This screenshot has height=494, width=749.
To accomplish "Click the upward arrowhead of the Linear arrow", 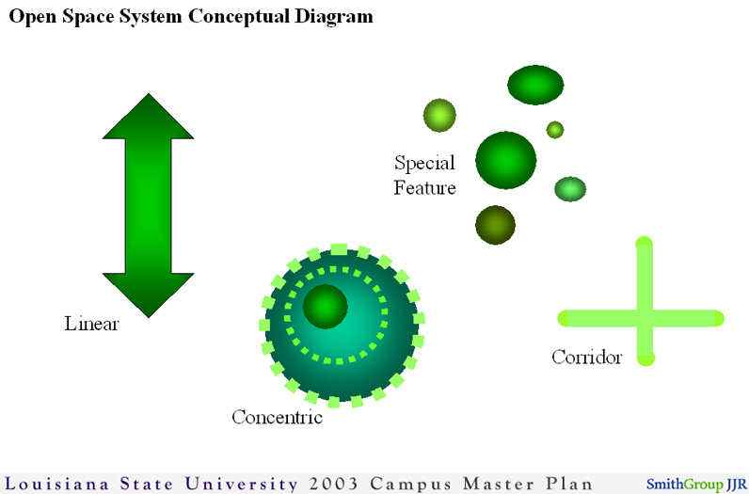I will coord(147,117).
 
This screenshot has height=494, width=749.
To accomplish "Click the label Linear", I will coord(91,325).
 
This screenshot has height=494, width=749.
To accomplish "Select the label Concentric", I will coord(277,417).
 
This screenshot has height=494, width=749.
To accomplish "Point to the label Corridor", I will coord(586,358).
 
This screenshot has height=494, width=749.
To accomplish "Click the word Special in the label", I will coord(424,163).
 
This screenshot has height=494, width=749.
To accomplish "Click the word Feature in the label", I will coord(424,188).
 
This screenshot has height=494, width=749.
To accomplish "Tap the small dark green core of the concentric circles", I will coord(326,306).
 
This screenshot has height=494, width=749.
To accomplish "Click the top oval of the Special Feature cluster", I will coord(535,85).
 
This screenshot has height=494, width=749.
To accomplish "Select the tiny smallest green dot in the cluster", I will coord(555,129).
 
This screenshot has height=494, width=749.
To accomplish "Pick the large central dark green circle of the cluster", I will coord(505,160).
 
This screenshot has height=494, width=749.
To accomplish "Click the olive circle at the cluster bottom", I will coord(495,225).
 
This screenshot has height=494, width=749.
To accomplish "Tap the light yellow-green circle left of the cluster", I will coord(438,115).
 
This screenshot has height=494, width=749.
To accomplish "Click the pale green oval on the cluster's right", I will coord(570,189).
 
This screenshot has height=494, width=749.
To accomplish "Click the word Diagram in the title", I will coord(329,17).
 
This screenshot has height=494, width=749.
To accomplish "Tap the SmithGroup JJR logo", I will coord(695,485).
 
